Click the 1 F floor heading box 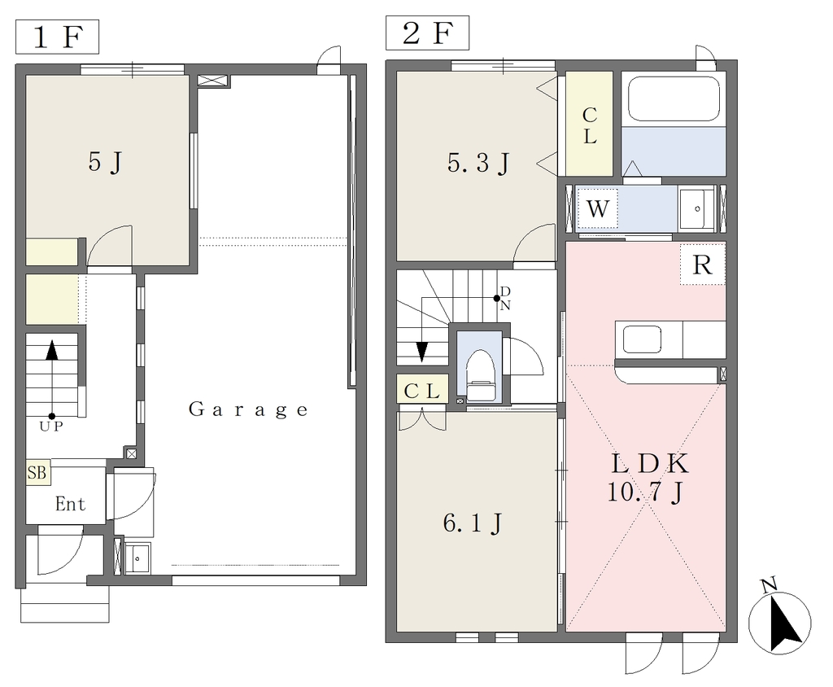[x=58, y=37]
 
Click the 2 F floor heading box [x=428, y=33]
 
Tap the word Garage [x=248, y=409]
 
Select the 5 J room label [x=105, y=162]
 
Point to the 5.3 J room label [x=478, y=163]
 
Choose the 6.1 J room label [x=473, y=523]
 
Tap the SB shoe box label [x=37, y=472]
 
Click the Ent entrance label [x=70, y=504]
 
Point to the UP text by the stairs [x=51, y=427]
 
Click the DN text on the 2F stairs [x=505, y=298]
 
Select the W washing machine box [x=597, y=208]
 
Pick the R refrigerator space [x=703, y=264]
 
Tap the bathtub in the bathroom [x=674, y=100]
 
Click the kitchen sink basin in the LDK [x=643, y=339]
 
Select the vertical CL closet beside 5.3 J [x=589, y=124]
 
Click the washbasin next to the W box [x=696, y=208]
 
